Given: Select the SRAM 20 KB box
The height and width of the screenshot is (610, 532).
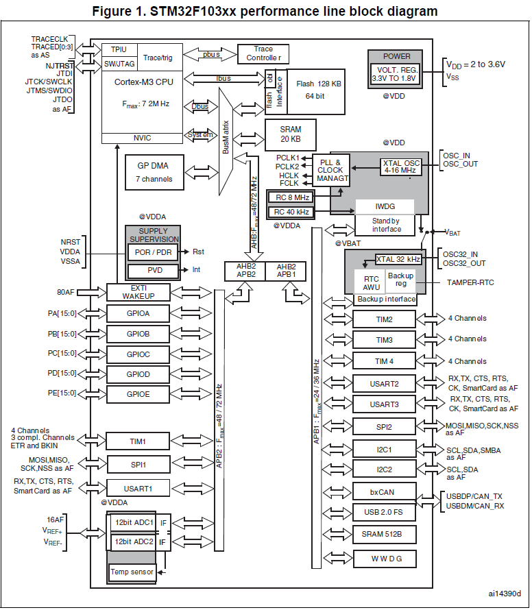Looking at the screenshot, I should pos(291,134).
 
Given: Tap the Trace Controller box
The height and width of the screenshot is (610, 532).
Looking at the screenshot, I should pos(263,53).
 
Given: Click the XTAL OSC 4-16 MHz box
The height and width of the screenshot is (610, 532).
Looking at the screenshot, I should pos(400,167).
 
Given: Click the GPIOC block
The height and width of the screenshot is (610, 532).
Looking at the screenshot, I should pos(138,354).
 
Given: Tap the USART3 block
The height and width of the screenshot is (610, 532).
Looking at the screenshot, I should pos(384,404).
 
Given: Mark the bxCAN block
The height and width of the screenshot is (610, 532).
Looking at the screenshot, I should pos(384,491).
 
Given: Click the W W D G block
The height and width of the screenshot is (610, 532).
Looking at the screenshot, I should pos(384,559).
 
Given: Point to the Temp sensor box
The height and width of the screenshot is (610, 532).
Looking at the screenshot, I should pos(132,572).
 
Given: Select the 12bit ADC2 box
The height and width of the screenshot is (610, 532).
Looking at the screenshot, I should pos(134,542).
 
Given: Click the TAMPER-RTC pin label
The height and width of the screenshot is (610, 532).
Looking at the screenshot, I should pos(471,282).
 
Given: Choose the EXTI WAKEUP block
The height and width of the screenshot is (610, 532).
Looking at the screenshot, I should pos(138,292).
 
